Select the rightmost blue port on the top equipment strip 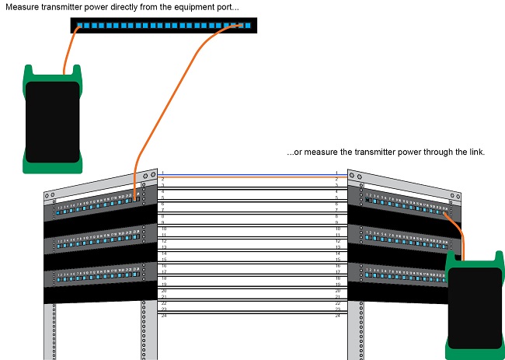248,26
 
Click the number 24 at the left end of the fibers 163,316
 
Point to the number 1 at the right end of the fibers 336,173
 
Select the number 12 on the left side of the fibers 163,241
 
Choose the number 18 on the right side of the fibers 337,278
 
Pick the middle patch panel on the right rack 404,236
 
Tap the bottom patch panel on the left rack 97,277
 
